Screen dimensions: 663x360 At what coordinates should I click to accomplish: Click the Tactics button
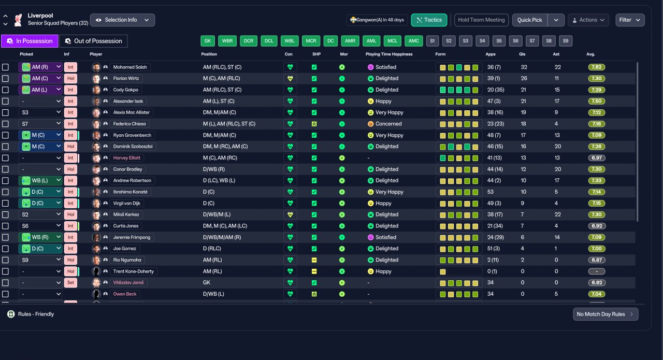point(429,20)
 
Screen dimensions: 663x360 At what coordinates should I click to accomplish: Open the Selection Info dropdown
point(122,20)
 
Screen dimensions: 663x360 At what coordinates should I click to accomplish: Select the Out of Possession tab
point(94,41)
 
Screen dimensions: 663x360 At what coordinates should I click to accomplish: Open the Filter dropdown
point(630,20)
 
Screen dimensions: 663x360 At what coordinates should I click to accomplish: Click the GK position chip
point(208,41)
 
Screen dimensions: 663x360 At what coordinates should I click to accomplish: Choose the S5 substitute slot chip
point(499,41)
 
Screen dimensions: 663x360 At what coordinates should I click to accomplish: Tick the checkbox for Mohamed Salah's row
point(5,67)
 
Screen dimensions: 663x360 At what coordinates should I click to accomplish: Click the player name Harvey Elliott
point(127,158)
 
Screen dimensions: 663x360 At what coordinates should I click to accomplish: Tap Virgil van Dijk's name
point(127,203)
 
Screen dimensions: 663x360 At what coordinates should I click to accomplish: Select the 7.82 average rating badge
point(596,67)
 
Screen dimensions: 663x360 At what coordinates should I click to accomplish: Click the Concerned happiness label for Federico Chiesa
point(388,124)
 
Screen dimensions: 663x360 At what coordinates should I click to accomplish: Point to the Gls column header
point(522,54)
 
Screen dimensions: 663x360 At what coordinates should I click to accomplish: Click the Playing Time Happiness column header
point(389,54)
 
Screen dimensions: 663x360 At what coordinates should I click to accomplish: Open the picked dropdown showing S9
point(40,260)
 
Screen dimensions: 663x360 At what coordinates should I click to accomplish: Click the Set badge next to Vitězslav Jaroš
point(70,282)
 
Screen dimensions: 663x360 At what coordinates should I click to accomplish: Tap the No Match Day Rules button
point(606,314)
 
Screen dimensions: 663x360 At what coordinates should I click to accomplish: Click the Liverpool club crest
point(18,20)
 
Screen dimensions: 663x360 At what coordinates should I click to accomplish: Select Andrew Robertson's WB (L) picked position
point(40,180)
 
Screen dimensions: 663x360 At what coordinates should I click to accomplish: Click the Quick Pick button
point(529,20)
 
